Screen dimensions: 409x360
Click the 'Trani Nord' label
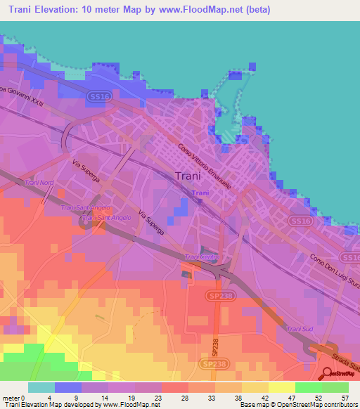[x=39, y=183]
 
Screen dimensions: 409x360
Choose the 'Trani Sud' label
[x=298, y=329]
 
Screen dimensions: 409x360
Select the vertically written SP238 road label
[x=215, y=344]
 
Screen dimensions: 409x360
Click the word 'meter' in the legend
[x=10, y=397]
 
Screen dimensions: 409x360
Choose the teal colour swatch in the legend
[x=41, y=387]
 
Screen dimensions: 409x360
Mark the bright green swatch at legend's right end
[x=335, y=387]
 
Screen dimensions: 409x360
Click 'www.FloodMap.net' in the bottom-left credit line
[x=133, y=404]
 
